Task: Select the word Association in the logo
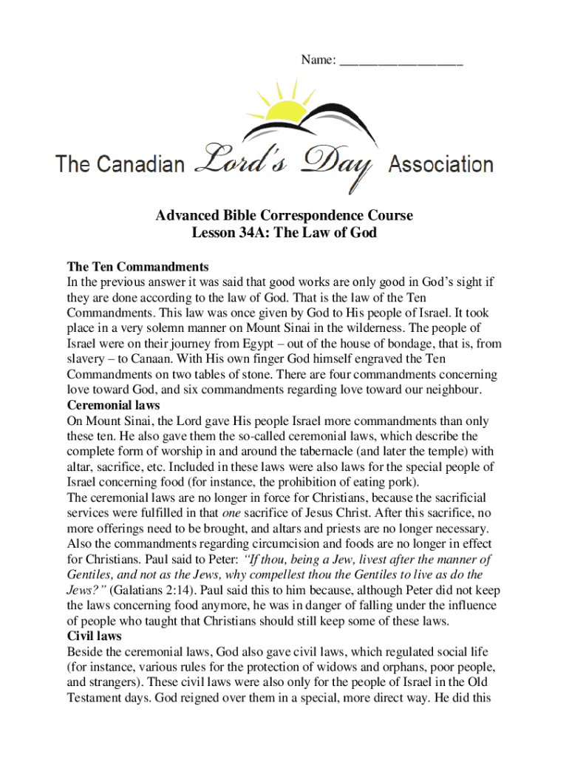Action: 440,163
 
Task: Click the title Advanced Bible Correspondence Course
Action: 284,216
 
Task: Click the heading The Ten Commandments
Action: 137,266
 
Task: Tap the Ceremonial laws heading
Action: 114,405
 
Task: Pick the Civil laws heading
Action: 95,636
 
